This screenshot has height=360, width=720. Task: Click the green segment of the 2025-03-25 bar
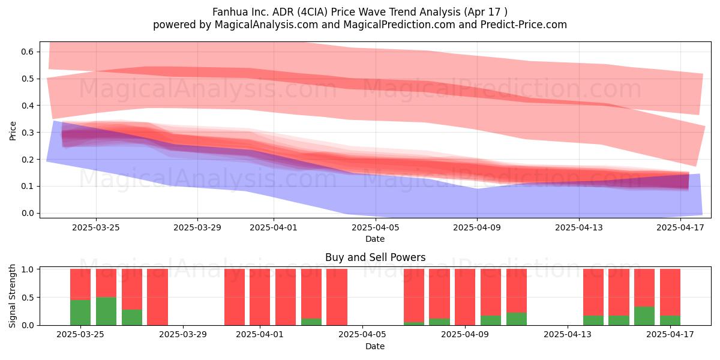click(80, 313)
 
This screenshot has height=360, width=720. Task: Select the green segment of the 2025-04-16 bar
click(644, 316)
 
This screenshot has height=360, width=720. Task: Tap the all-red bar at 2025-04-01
click(260, 297)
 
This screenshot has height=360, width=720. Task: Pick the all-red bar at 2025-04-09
click(465, 297)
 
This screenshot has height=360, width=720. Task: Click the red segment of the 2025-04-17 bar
click(670, 293)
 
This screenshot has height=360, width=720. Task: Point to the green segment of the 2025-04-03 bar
click(311, 322)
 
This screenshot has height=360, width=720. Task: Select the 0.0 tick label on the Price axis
click(28, 213)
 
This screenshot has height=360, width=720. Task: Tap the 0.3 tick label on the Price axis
click(28, 133)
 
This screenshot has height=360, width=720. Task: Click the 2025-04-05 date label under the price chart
click(376, 227)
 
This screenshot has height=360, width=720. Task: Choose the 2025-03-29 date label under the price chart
click(197, 227)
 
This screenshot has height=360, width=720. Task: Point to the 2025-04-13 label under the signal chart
click(568, 335)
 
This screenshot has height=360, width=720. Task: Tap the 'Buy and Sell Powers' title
click(376, 257)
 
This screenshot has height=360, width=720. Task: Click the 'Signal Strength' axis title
click(12, 296)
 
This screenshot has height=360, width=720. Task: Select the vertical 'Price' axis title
click(13, 131)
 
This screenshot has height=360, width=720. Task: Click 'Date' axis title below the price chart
click(375, 239)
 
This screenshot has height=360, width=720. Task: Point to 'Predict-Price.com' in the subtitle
click(524, 25)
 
